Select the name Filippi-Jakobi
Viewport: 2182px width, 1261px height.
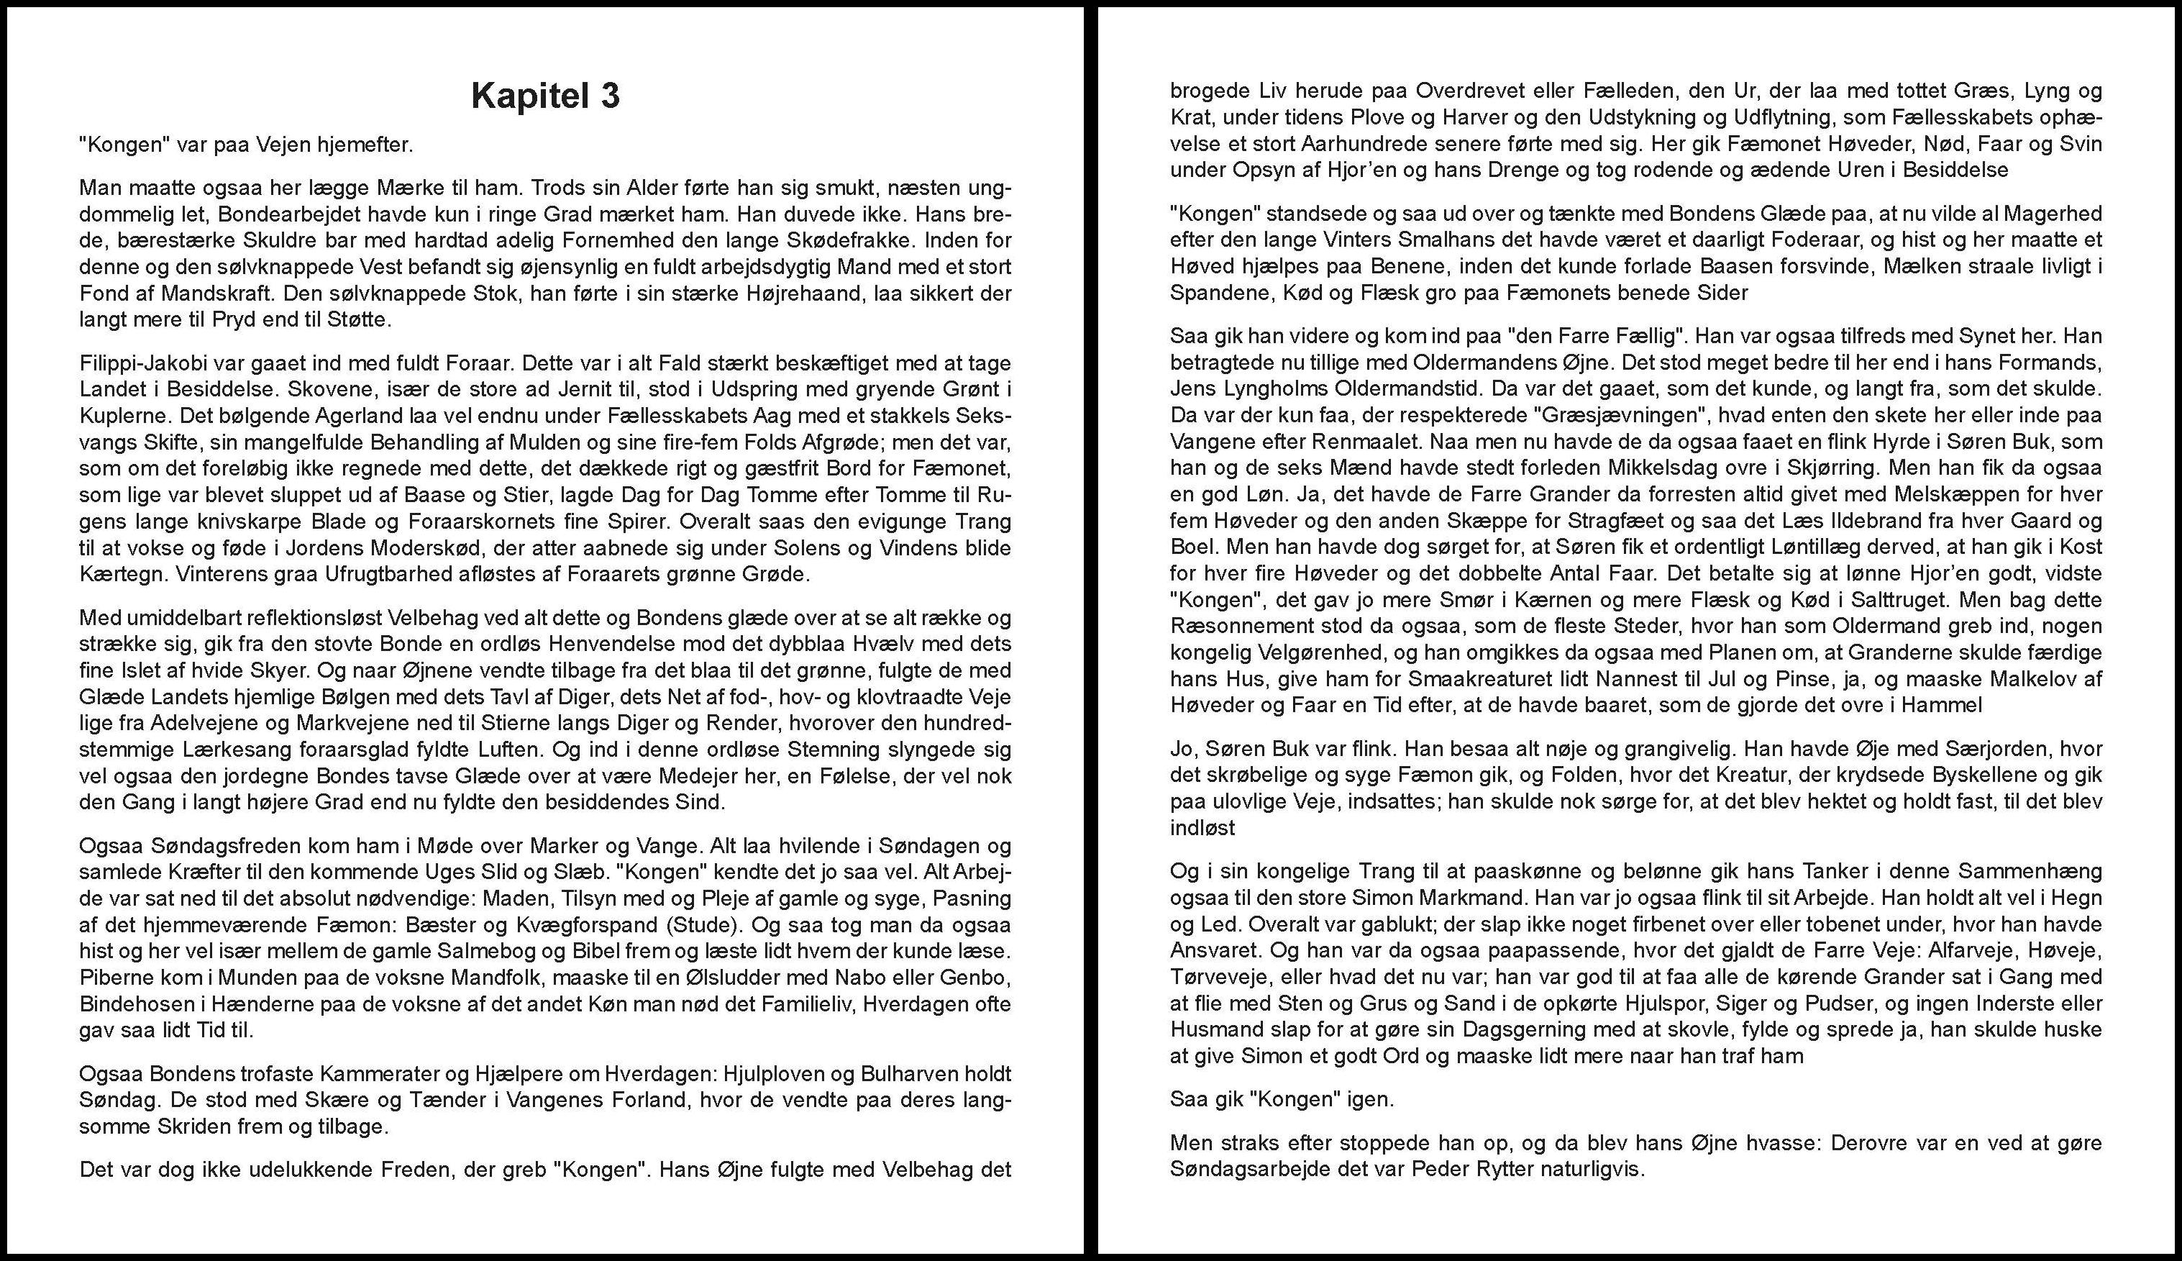coord(137,363)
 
